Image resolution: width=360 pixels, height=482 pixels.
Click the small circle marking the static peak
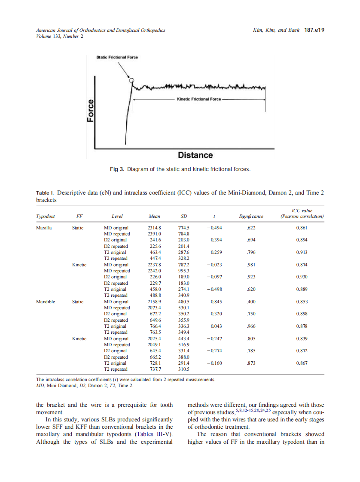(132, 80)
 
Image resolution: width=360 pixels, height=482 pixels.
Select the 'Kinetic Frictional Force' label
(199, 99)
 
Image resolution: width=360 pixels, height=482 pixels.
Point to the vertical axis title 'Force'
(91, 110)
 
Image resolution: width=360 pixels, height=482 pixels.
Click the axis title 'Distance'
(195, 155)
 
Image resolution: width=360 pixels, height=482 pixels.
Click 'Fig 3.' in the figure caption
(117, 169)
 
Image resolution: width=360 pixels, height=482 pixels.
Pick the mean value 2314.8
(154, 227)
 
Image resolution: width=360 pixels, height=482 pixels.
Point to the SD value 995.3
(184, 271)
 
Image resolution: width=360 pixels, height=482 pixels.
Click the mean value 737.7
(154, 369)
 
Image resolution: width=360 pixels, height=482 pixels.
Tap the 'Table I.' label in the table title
(45, 193)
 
